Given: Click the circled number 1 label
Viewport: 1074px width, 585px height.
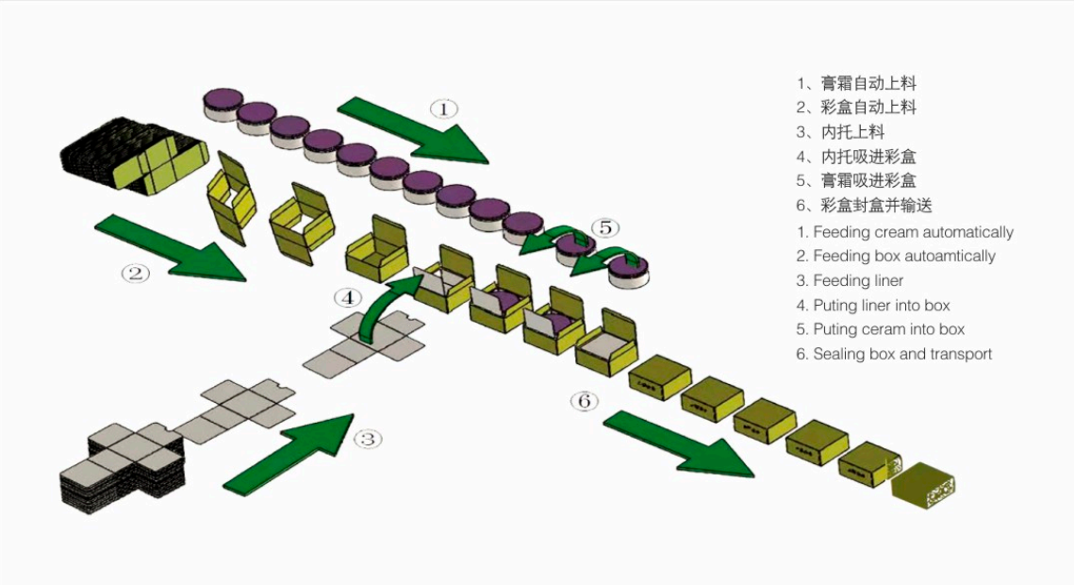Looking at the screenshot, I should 443,109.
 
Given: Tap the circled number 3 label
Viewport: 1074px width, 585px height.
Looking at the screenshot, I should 368,439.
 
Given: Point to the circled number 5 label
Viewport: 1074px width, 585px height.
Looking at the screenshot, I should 604,227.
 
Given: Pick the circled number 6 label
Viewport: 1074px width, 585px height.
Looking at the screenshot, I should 585,401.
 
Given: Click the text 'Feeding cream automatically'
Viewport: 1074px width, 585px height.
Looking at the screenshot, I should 913,232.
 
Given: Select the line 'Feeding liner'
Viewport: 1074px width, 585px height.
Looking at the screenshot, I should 858,281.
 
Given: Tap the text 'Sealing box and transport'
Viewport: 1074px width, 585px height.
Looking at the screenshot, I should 902,355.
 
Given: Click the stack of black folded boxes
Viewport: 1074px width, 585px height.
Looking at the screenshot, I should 132,156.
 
